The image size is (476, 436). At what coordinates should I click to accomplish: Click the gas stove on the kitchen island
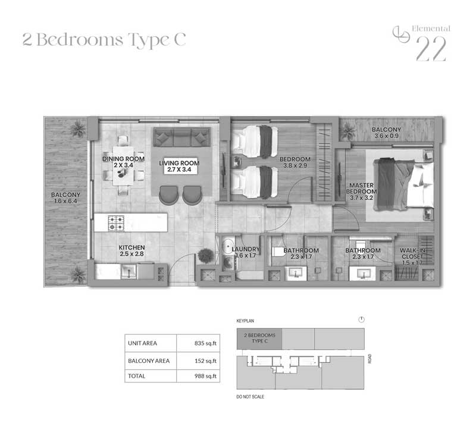pos(116,223)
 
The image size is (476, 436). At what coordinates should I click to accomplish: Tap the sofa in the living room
pos(182,137)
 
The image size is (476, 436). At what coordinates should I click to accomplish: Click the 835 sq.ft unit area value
pos(205,343)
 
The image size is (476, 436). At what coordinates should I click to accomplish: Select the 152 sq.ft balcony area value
pos(205,360)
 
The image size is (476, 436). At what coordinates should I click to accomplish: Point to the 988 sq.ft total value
pos(205,376)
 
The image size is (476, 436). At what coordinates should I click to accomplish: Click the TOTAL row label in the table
pos(137,376)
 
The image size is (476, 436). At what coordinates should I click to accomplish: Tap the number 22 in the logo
pos(431,49)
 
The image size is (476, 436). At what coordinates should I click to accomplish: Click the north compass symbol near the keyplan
pos(361,319)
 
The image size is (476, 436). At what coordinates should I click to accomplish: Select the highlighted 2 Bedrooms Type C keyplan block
pos(259,338)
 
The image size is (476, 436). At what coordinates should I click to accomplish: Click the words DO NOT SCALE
pos(250,397)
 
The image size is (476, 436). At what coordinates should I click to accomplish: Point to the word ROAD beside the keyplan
pos(369,359)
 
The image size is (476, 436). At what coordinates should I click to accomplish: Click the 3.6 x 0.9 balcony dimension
pos(386,136)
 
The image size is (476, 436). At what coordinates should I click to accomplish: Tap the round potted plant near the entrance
pos(205,256)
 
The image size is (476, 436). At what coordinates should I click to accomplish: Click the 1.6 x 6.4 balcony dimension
pos(65,201)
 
